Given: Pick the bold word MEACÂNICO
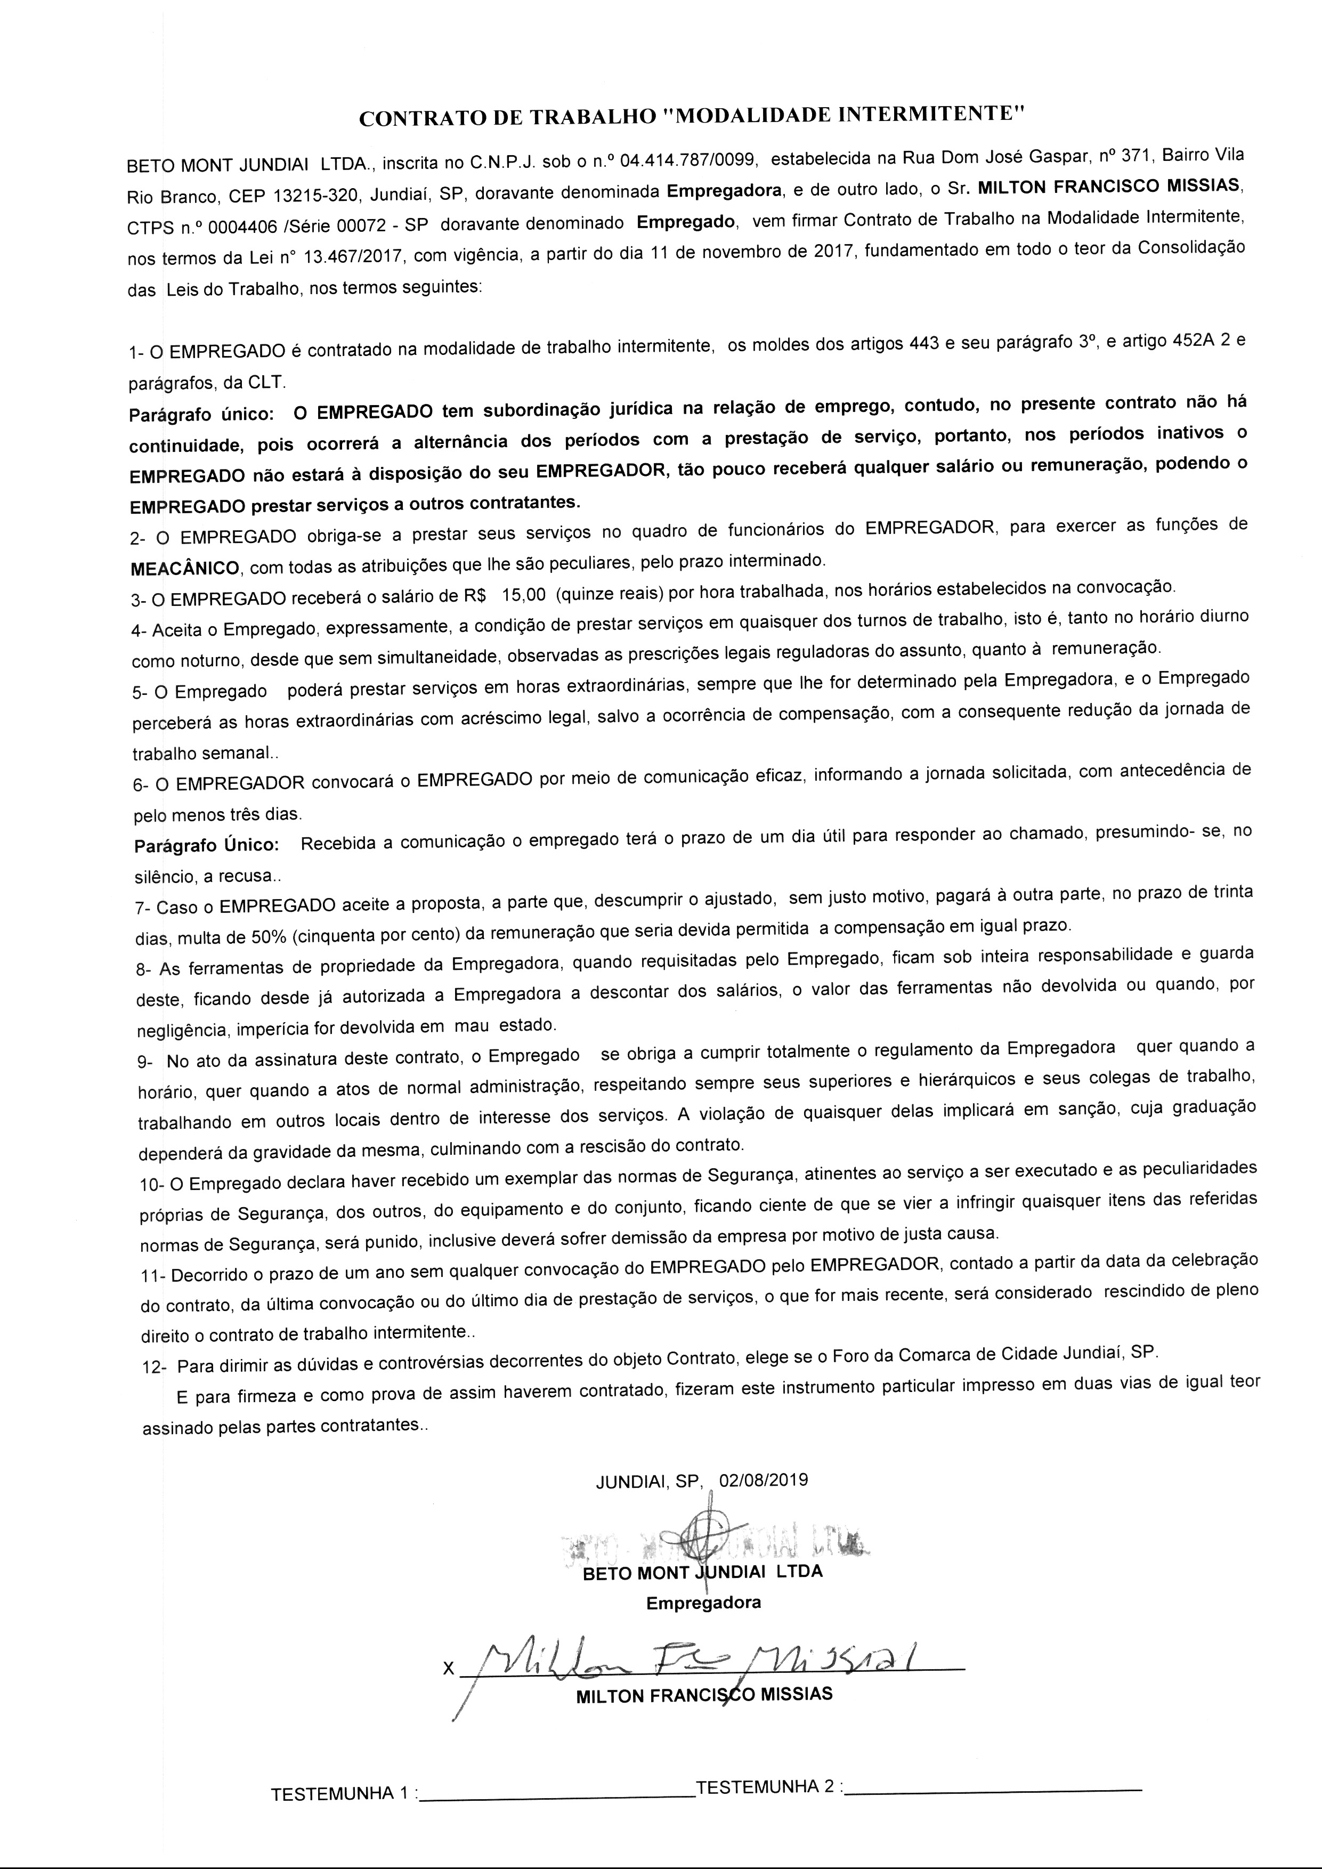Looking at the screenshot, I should (x=185, y=567).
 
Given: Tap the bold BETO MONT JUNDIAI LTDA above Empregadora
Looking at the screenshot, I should (x=702, y=1572).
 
